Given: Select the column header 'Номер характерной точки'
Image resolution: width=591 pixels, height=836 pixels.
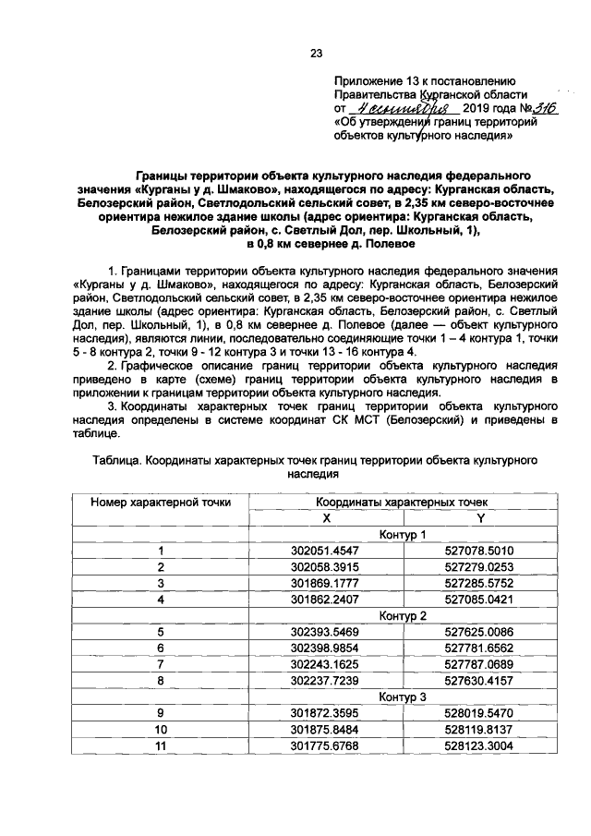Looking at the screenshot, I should (161, 502).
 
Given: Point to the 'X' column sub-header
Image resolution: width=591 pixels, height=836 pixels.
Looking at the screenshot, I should (326, 517).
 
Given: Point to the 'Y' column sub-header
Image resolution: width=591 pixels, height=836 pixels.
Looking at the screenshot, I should (480, 517).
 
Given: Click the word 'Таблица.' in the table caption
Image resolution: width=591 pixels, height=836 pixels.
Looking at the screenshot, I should (119, 459).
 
